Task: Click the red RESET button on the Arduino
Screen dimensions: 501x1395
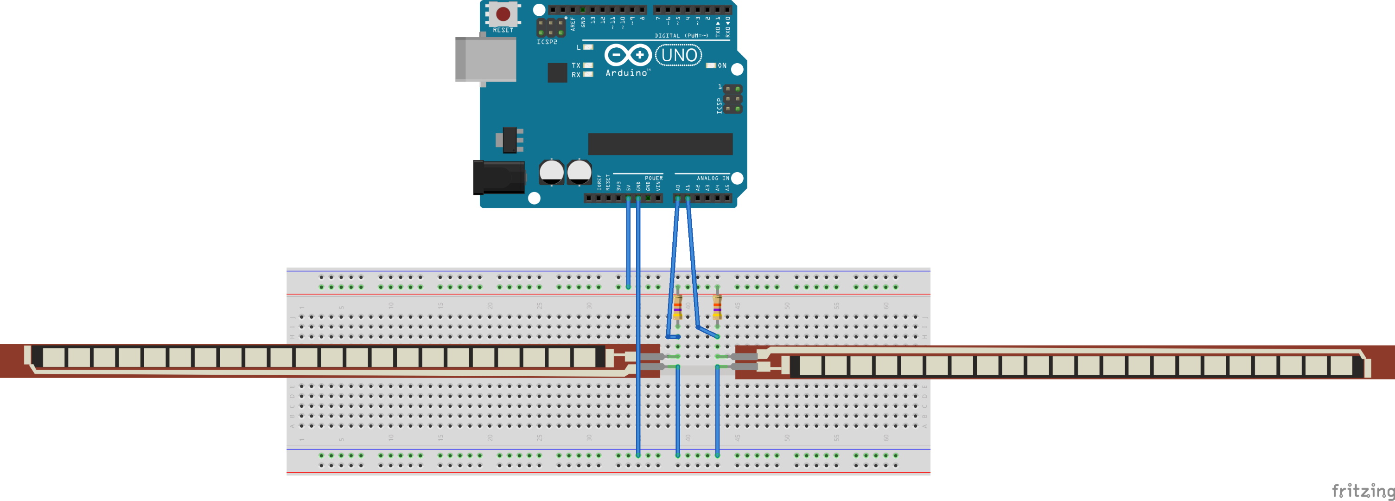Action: [503, 14]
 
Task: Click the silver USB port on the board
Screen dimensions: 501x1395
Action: [485, 59]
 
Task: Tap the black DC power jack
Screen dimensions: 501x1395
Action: [498, 177]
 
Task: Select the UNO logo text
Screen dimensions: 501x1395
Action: [679, 55]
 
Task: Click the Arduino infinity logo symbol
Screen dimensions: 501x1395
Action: [628, 55]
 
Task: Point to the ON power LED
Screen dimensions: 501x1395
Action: [711, 65]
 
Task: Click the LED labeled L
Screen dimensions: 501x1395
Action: [588, 48]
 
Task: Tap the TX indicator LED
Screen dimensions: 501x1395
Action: [588, 65]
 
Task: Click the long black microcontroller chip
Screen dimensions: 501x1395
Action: [660, 144]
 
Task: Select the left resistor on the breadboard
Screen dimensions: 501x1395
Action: [677, 308]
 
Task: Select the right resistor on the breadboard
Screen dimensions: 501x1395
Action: [717, 308]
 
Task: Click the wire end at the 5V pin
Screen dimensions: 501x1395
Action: [628, 199]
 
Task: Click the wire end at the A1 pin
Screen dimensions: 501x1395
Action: [688, 199]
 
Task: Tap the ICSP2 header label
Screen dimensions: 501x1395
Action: [547, 42]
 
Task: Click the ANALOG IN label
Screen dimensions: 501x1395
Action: [713, 178]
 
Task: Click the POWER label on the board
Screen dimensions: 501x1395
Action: [654, 178]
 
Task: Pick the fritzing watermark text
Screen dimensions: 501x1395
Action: [1362, 491]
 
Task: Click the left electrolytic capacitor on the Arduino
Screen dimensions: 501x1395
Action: [552, 172]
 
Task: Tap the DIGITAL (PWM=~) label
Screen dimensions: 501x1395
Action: [681, 36]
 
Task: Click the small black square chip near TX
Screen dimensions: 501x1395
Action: [557, 72]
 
